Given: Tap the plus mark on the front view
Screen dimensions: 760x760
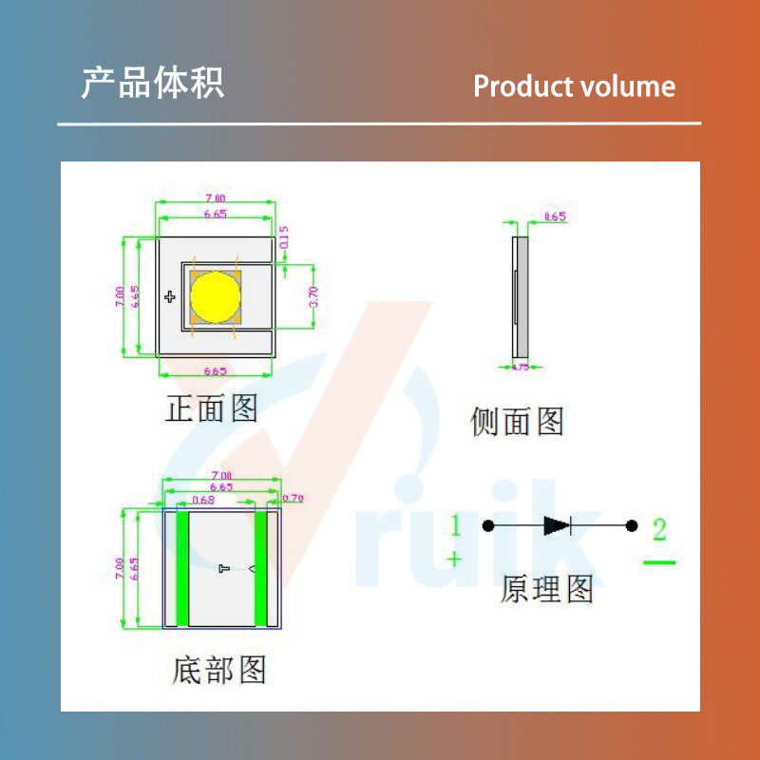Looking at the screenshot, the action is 170,297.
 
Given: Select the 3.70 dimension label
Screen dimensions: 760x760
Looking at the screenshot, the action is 313,295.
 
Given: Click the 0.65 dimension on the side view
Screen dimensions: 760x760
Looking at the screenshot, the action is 555,217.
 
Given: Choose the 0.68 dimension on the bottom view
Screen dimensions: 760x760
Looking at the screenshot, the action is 203,499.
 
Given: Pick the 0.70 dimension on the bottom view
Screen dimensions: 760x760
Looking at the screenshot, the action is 293,498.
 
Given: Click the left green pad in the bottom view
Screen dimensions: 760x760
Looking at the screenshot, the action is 183,568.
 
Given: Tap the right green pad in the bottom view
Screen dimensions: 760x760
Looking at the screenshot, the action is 260,568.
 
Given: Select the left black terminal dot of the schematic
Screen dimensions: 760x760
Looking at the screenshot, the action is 488,525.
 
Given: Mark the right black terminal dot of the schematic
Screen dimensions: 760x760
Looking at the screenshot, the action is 631,525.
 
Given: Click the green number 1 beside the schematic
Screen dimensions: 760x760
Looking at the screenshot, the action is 455,524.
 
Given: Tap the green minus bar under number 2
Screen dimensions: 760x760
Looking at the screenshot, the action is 659,562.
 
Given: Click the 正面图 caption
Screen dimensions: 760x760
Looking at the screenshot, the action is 212,409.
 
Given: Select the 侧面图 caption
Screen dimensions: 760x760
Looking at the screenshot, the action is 518,421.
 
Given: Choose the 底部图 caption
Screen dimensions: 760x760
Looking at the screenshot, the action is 219,670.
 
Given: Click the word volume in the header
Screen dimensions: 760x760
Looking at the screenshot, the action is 627,86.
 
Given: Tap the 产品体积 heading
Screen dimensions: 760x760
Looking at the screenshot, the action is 152,84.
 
